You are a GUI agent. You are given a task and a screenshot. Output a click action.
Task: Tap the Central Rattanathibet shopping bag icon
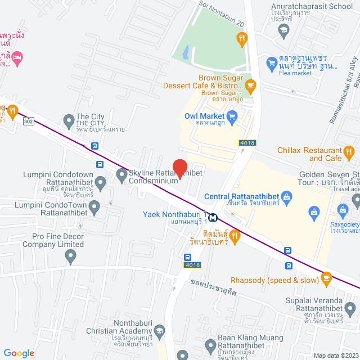(287, 197)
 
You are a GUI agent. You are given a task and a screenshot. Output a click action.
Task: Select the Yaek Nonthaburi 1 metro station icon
(213, 215)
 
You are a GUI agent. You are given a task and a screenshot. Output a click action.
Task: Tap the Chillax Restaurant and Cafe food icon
(349, 151)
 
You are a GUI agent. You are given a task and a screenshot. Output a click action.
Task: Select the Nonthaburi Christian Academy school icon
(159, 330)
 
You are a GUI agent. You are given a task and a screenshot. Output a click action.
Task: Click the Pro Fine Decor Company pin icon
(70, 257)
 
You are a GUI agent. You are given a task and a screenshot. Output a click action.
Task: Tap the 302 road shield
(28, 121)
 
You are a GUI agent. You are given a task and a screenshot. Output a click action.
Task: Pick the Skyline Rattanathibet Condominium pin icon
(121, 175)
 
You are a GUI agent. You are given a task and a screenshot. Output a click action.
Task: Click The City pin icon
(69, 120)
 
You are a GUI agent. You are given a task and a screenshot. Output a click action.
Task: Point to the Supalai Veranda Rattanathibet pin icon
(350, 309)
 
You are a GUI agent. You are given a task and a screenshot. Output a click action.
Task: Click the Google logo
(19, 353)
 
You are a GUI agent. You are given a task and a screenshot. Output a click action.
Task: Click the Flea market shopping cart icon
(272, 61)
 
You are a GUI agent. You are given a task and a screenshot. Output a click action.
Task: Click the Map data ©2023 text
(335, 355)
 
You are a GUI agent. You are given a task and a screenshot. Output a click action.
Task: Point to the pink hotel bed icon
(18, 57)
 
